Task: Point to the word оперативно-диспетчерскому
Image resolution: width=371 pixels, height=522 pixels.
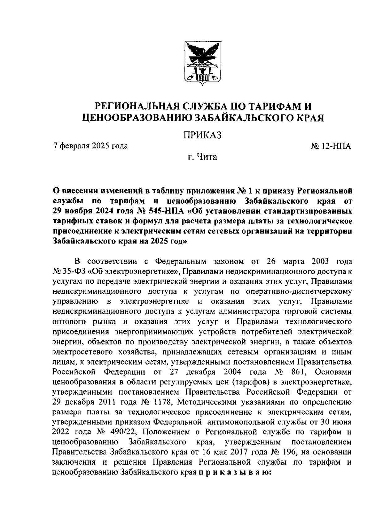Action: click(x=299, y=292)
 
